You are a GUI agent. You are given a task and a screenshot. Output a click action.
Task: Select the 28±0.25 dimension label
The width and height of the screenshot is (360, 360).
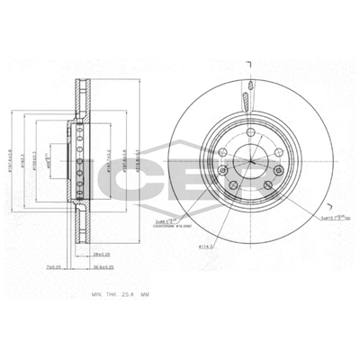101,255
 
